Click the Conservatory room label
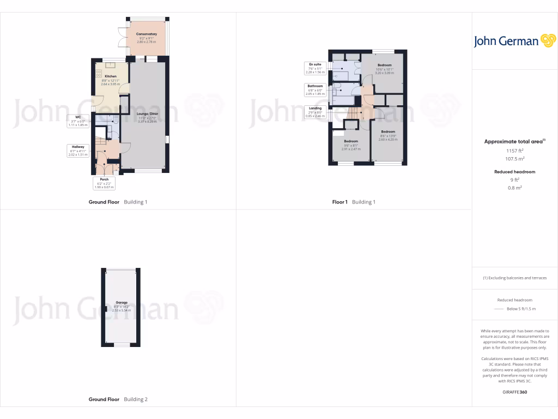click(x=146, y=34)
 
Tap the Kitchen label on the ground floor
click(x=111, y=76)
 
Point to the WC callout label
click(x=78, y=117)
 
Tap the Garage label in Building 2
click(x=122, y=302)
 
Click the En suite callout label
click(x=314, y=64)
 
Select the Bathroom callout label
click(x=315, y=86)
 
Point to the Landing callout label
click(x=315, y=108)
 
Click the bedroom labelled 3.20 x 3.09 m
click(x=385, y=65)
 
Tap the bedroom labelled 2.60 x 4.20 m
click(x=388, y=132)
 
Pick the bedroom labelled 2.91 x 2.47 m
click(x=350, y=141)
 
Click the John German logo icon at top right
click(x=547, y=41)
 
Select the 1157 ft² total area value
click(x=514, y=150)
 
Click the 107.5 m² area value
click(x=514, y=159)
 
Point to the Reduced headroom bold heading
click(x=514, y=172)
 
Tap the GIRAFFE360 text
click(x=514, y=392)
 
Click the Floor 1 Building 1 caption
click(x=354, y=202)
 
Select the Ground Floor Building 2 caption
click(x=118, y=399)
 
